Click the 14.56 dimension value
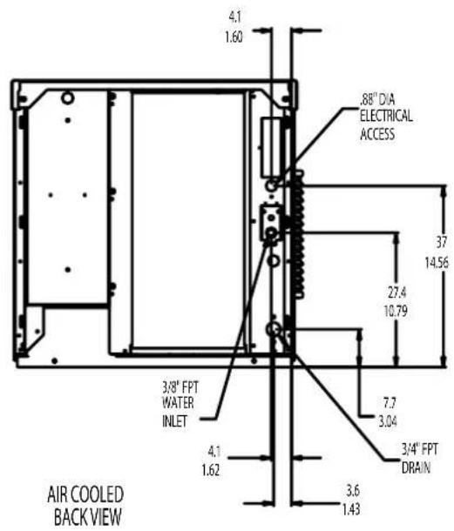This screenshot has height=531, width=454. [437, 262]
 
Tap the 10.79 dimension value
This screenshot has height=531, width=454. [396, 311]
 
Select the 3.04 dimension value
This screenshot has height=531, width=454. [388, 421]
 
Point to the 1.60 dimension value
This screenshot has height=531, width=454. [234, 37]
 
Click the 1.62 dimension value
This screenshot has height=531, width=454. [211, 470]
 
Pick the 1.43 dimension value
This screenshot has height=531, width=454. [351, 509]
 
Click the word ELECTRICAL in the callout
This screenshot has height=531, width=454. [386, 116]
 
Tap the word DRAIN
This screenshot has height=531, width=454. [416, 467]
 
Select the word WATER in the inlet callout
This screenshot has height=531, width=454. [178, 403]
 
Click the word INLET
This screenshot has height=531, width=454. [174, 421]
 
